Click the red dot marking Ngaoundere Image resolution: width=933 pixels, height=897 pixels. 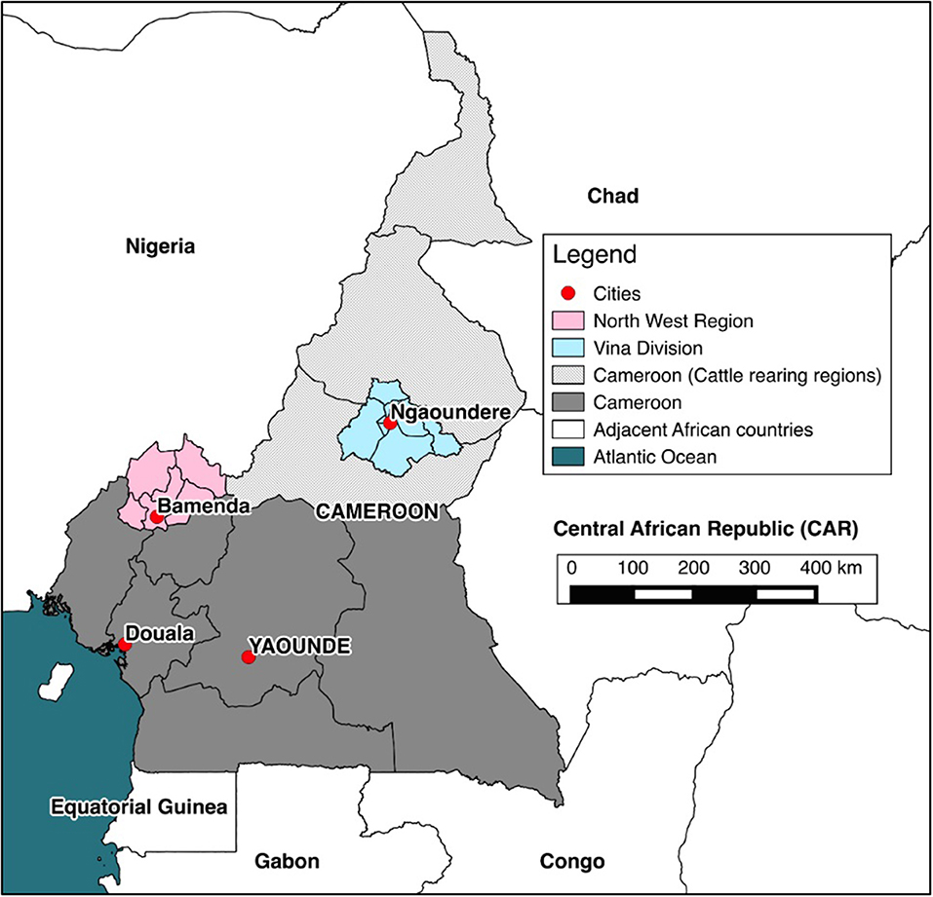(x=389, y=424)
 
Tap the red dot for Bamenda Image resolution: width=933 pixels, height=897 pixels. (x=156, y=518)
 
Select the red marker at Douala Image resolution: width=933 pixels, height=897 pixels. (x=125, y=645)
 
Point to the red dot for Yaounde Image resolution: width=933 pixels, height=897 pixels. (x=248, y=657)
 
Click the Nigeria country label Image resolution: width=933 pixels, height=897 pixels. (x=161, y=246)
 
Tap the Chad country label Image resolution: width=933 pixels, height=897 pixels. (x=612, y=197)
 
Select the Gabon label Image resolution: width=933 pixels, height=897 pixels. (x=287, y=861)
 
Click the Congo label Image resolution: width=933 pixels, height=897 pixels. (x=571, y=861)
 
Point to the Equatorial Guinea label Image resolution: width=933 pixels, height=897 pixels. (x=138, y=806)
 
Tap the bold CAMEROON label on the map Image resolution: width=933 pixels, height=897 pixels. (x=374, y=510)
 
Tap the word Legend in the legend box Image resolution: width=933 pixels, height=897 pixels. (x=595, y=256)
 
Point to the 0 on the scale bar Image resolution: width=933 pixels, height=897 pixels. (x=572, y=566)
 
